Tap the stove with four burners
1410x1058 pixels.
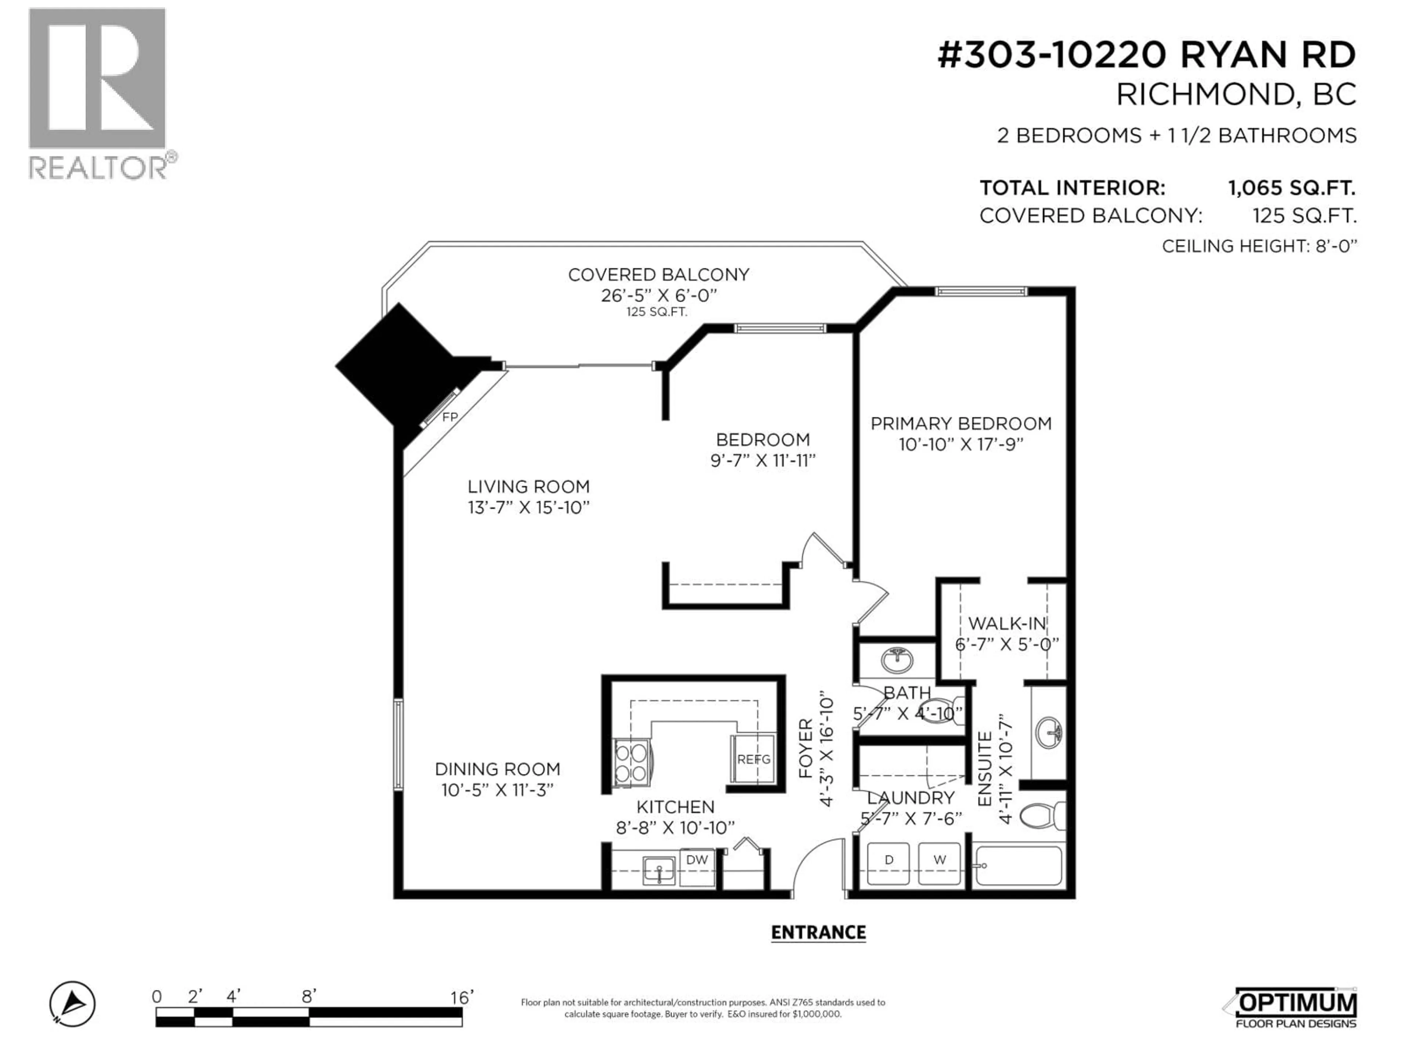pyautogui.click(x=631, y=763)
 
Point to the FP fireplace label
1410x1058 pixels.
pyautogui.click(x=450, y=417)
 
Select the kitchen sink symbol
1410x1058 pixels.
pyautogui.click(x=658, y=870)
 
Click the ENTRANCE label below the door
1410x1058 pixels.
pyautogui.click(x=818, y=932)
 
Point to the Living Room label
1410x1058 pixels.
pyautogui.click(x=528, y=487)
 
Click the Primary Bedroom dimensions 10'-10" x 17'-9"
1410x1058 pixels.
pyautogui.click(x=961, y=445)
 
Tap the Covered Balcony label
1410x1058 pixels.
pyautogui.click(x=658, y=275)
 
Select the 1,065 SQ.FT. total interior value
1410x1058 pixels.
pyautogui.click(x=1291, y=188)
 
